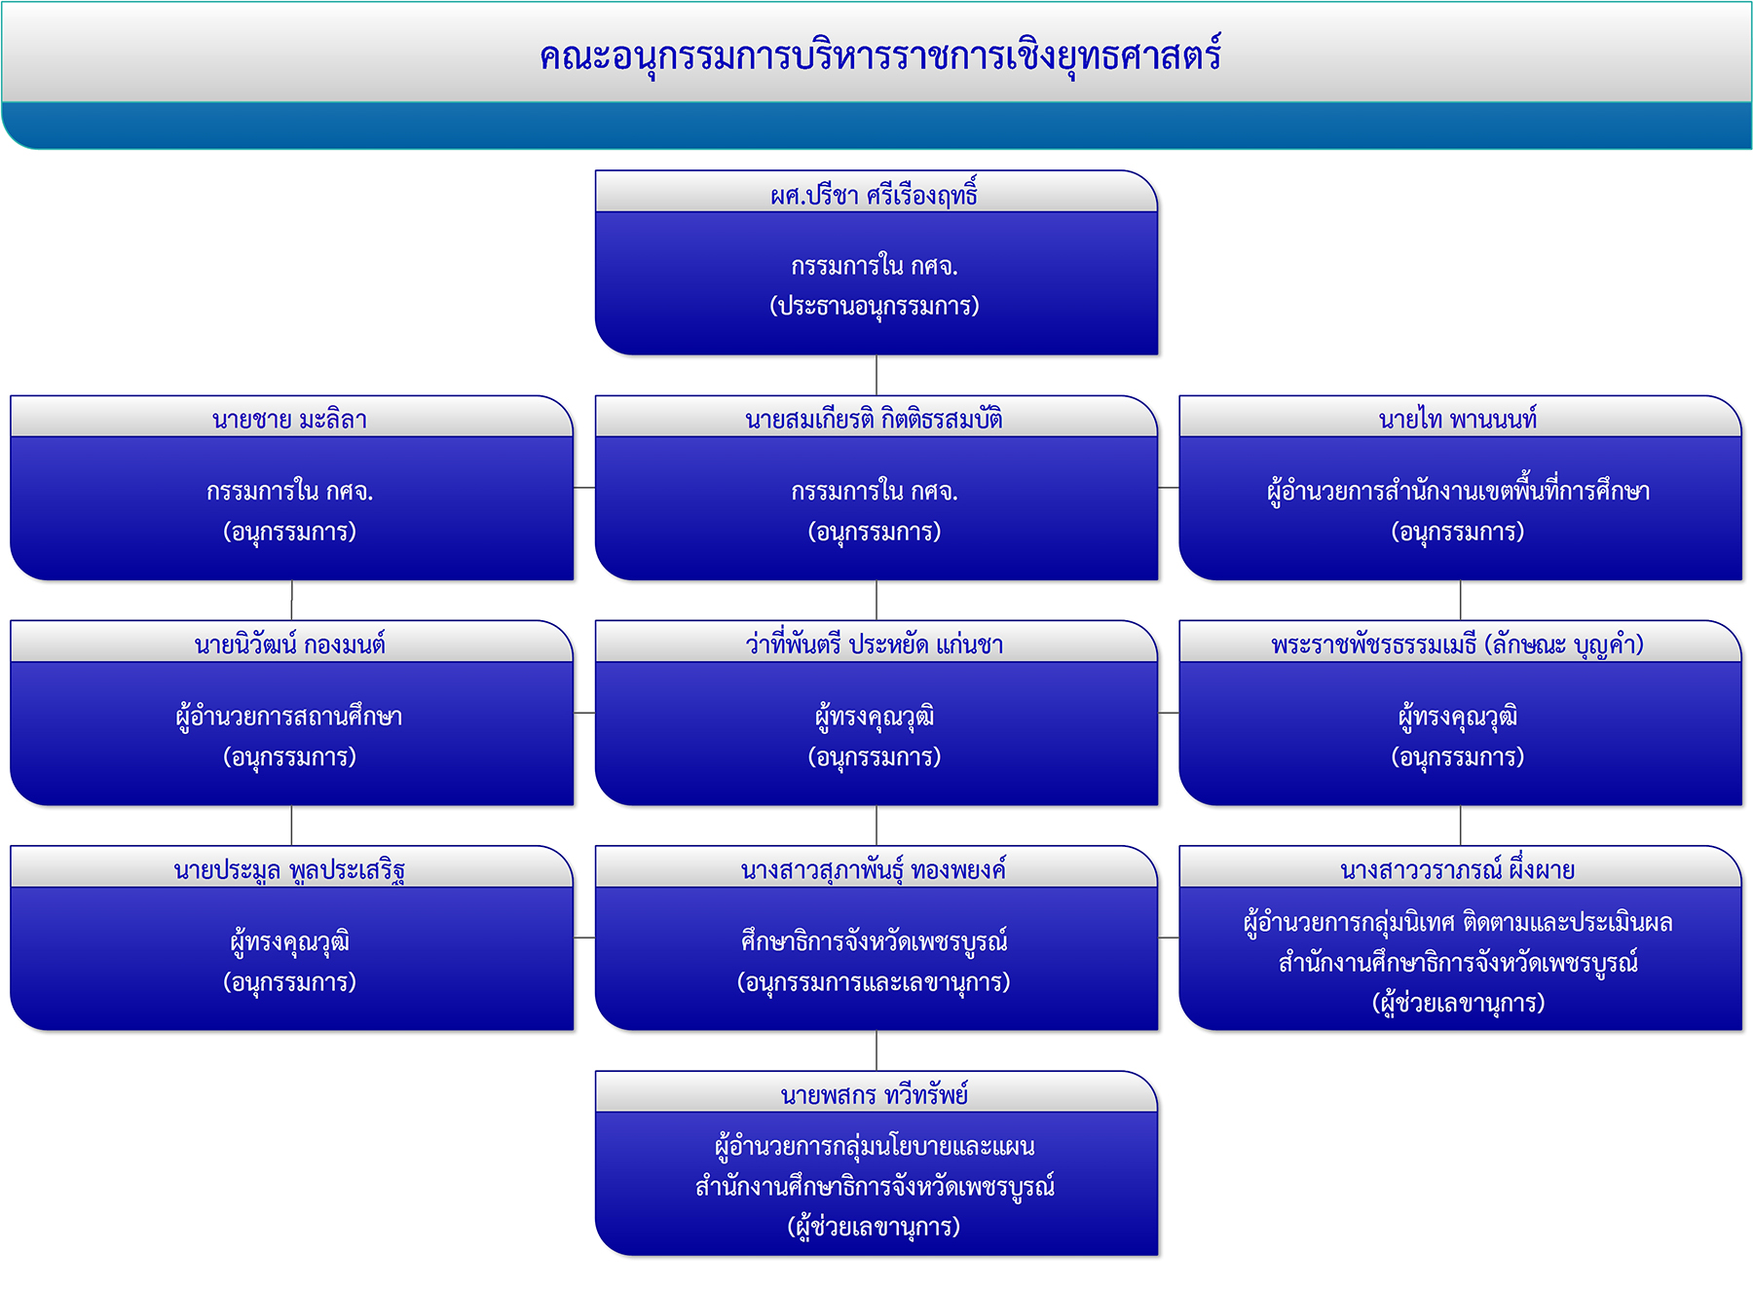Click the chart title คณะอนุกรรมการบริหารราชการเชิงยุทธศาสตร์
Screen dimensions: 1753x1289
click(880, 56)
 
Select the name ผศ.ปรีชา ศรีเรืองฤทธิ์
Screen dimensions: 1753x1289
click(874, 194)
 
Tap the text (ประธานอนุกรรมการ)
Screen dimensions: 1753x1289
click(875, 306)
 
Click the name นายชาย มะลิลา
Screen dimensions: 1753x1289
click(289, 420)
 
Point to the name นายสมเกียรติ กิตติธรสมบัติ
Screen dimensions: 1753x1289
click(874, 420)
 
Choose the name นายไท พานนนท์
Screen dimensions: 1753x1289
click(1458, 420)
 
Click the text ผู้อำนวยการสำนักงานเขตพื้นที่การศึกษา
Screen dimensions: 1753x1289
click(1458, 491)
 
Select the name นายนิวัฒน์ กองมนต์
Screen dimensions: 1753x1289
click(289, 644)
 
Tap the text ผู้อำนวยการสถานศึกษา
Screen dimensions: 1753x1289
click(289, 717)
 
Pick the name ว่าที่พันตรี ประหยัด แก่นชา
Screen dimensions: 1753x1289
click(874, 644)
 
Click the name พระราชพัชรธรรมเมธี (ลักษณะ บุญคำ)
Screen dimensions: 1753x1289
click(1458, 644)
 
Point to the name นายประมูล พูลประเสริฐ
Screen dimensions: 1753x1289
click(289, 870)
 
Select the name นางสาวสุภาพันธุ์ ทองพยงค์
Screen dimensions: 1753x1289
click(874, 869)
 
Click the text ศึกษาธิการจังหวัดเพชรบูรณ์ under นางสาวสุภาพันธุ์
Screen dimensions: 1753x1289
click(874, 941)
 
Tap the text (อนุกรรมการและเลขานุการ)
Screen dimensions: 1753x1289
click(874, 982)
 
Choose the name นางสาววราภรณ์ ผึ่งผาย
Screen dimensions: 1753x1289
click(1458, 869)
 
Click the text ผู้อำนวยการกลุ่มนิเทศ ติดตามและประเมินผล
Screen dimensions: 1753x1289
click(1458, 922)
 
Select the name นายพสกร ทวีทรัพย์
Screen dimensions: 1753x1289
click(874, 1095)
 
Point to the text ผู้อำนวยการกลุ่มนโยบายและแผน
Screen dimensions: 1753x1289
click(875, 1147)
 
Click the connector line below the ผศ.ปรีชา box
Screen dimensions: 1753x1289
click(876, 375)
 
